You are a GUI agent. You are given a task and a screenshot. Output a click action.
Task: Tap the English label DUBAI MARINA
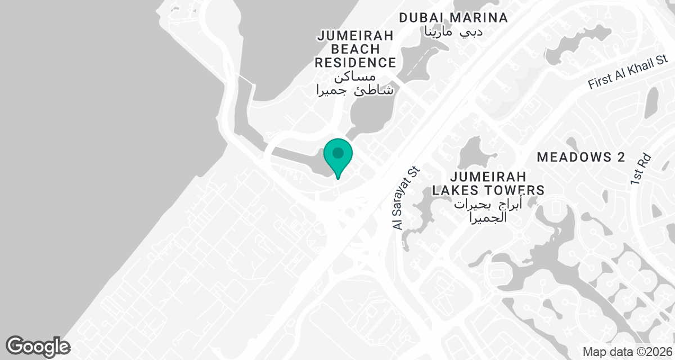[x=453, y=17]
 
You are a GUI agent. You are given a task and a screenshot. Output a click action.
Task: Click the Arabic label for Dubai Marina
[x=453, y=32]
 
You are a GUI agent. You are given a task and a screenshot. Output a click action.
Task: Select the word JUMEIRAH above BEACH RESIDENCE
[x=355, y=35]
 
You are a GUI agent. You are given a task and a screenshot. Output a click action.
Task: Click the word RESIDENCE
[x=355, y=62]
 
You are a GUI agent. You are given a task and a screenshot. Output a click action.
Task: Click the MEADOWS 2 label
[x=581, y=157]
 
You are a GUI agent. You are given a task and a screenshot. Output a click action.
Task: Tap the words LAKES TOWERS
[x=488, y=190]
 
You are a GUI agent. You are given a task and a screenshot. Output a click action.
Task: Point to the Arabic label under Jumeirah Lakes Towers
[x=488, y=210]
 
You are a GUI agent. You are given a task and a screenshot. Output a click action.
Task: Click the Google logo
[x=38, y=346]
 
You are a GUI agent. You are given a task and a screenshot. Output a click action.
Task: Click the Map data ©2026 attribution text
[x=627, y=352]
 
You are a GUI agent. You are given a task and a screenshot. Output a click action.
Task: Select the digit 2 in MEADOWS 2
[x=620, y=157]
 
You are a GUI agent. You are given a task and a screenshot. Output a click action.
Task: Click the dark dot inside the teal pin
[x=338, y=152]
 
